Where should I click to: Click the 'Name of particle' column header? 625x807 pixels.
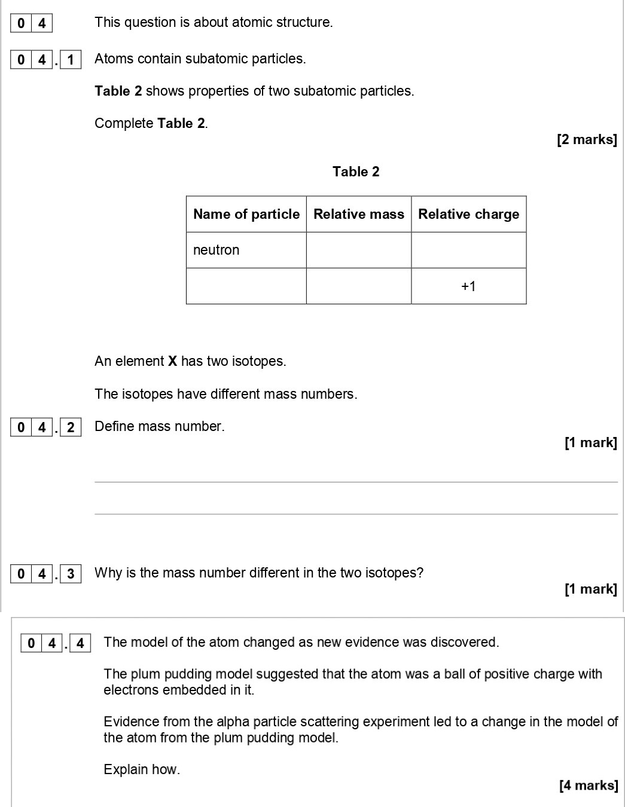click(246, 214)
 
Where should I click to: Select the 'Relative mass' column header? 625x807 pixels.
click(359, 214)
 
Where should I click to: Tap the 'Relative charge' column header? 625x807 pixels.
click(468, 214)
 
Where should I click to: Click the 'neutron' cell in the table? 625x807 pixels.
click(217, 250)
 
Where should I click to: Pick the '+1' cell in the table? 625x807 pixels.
click(468, 286)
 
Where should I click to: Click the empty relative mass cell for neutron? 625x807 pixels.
click(359, 250)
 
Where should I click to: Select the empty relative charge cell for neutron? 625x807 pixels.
click(468, 250)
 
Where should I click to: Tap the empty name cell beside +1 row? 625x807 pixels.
click(246, 286)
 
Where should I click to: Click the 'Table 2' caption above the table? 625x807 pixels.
click(356, 172)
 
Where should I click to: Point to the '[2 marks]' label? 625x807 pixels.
click(586, 140)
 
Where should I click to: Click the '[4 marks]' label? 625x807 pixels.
click(588, 785)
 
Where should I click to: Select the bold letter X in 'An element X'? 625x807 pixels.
click(172, 362)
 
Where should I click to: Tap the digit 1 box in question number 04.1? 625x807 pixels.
click(71, 60)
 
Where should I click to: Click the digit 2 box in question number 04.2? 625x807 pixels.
click(71, 427)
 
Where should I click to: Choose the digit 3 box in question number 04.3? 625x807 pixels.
click(71, 574)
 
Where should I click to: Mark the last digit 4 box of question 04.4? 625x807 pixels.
click(80, 644)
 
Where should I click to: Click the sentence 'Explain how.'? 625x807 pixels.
click(142, 769)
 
